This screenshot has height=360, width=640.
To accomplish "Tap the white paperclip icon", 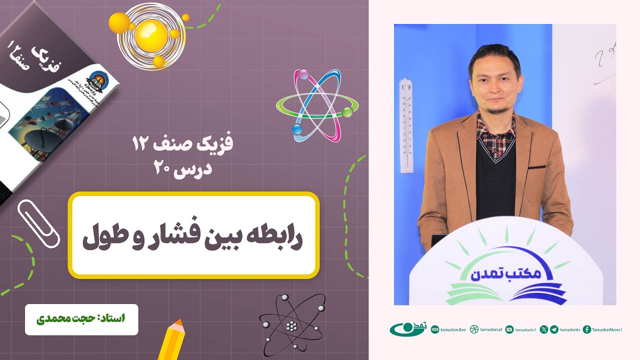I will pos(38,224).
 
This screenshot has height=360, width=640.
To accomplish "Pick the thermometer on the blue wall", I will pos(406,125).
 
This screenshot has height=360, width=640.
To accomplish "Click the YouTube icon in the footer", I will pos(509,329).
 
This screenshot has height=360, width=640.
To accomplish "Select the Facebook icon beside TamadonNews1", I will pos(587,329).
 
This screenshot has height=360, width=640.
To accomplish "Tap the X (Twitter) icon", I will pos(544,329).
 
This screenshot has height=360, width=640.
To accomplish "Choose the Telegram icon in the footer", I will pos(554,329).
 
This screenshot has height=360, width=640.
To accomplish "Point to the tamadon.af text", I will pos(491,329).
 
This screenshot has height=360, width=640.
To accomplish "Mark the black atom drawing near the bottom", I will pos(291,325).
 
